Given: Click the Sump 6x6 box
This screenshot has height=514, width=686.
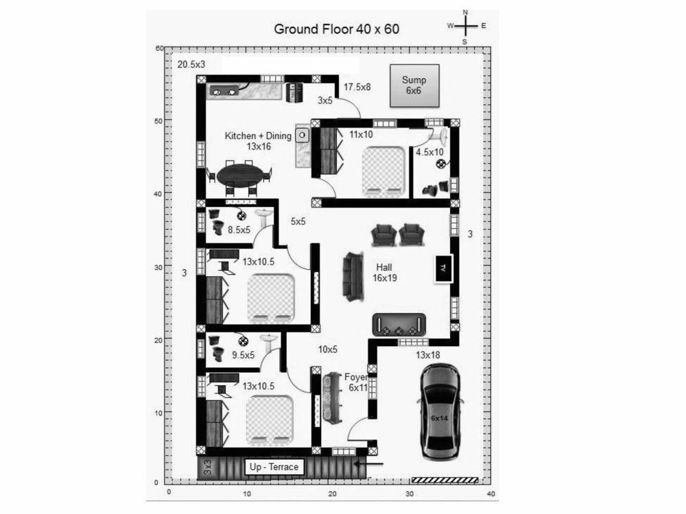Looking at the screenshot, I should pos(413,86).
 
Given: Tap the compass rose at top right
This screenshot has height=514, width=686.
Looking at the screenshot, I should pos(466,26).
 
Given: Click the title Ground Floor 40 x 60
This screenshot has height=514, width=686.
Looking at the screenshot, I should pos(336,29).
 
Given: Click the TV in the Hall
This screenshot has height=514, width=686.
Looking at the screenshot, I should pos(443,267).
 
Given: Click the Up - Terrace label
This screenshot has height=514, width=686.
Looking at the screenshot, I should pos(274,467).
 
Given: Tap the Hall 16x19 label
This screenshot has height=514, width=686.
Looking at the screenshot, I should pos(386,272).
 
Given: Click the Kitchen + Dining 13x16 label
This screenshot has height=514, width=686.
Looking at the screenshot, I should pos(258,141).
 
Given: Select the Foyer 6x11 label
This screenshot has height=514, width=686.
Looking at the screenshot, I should pos(357,382).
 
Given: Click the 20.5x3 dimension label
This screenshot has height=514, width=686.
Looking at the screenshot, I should pos(191,64).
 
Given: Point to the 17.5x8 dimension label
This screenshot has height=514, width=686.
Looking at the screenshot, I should pos(357,87).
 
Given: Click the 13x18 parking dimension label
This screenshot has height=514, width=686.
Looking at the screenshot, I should pos(427,355).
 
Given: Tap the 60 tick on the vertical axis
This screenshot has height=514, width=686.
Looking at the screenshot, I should pos(159,49).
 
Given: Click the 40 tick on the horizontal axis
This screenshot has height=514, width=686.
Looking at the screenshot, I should pos(490,493).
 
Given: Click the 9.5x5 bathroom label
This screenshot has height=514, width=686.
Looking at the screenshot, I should pos(243,355).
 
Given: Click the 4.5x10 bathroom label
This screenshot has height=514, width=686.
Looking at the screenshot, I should pos(429,152).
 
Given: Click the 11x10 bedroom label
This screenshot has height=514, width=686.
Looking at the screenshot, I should pos(360,135).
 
